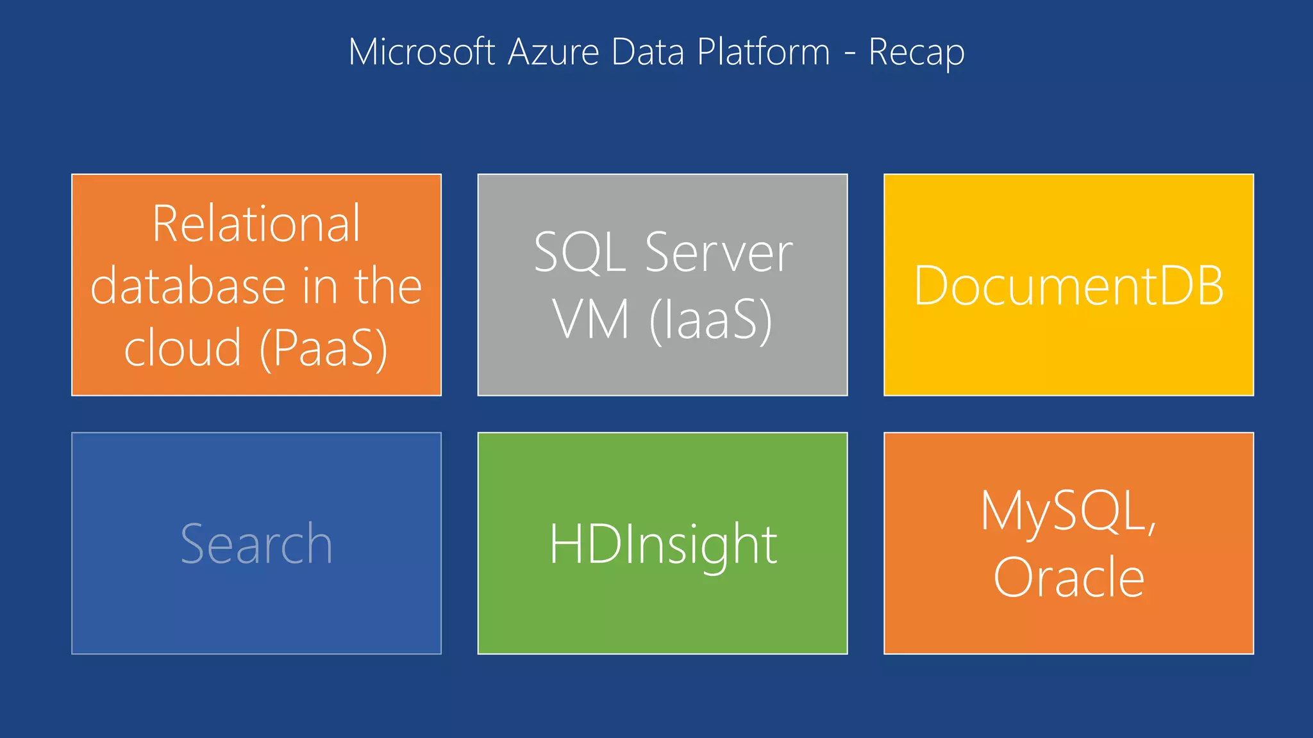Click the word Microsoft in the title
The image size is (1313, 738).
click(421, 52)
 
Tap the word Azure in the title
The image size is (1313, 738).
click(553, 52)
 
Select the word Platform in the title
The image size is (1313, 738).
click(764, 52)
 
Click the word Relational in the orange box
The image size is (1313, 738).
click(256, 224)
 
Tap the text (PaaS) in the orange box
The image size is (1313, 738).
click(324, 349)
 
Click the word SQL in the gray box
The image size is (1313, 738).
click(580, 252)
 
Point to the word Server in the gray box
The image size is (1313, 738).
click(719, 252)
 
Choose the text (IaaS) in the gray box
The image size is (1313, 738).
click(711, 320)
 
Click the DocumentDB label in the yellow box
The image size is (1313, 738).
click(1069, 286)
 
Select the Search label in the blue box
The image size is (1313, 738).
click(256, 544)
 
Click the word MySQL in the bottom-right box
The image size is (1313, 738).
click(1068, 512)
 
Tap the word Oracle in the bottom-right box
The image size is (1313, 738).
click(1069, 577)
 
